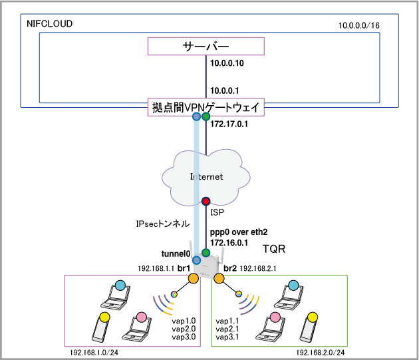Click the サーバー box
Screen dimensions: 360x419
pos(206,46)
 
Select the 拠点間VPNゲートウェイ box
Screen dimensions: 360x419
pos(206,107)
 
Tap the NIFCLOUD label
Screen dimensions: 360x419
pos(49,24)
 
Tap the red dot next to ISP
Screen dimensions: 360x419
pos(206,201)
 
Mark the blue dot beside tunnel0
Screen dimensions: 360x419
pos(196,260)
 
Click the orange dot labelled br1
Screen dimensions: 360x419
pos(193,279)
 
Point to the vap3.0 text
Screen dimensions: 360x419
pos(184,337)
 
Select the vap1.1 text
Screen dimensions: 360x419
pos(229,320)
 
